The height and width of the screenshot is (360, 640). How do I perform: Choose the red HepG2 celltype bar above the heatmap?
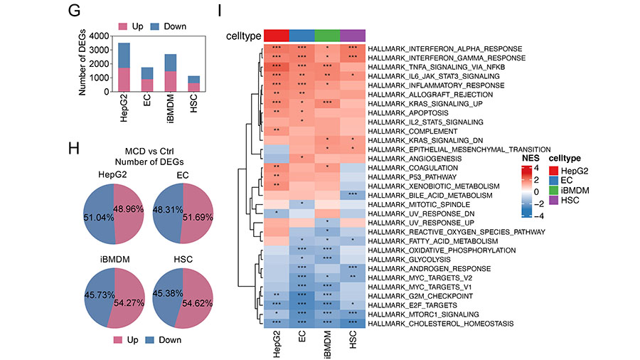click(277, 36)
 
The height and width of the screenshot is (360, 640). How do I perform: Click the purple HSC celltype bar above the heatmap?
click(353, 36)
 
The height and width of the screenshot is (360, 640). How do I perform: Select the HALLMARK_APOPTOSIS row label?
click(407, 112)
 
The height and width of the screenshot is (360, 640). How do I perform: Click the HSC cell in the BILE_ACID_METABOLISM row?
click(353, 195)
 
